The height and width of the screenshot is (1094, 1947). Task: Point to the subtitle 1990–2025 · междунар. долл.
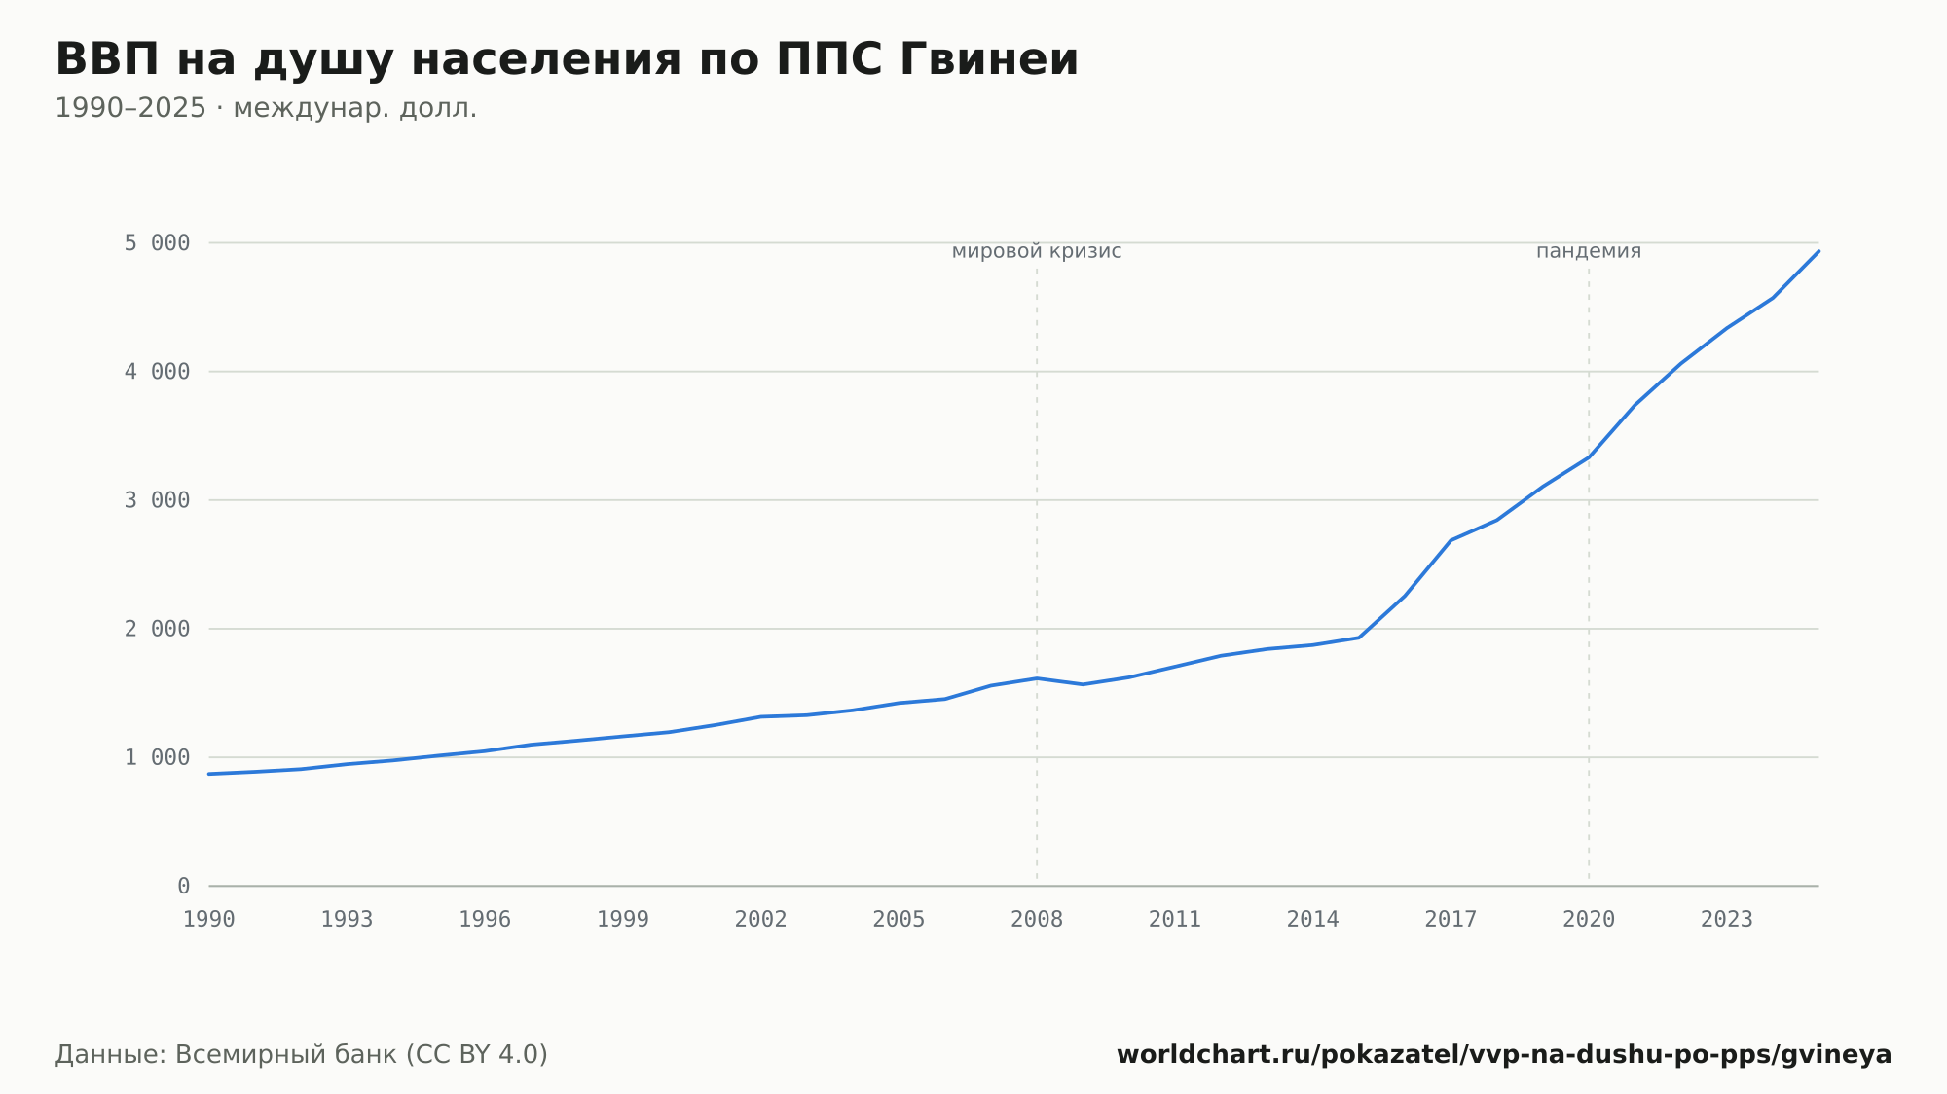click(x=266, y=108)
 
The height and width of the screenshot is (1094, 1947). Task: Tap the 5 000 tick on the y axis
click(x=157, y=243)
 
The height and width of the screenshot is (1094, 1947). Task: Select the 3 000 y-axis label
click(x=157, y=500)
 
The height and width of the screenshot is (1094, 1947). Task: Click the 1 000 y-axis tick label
click(x=157, y=757)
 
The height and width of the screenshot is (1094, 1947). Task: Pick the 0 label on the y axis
click(x=184, y=886)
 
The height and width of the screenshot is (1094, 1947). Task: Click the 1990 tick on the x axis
click(x=209, y=920)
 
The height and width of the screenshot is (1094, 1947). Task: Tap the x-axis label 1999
click(x=623, y=920)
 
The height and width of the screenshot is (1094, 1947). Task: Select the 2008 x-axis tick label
click(x=1037, y=920)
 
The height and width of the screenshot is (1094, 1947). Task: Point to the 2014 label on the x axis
click(x=1313, y=920)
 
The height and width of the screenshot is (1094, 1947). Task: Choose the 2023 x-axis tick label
click(x=1727, y=920)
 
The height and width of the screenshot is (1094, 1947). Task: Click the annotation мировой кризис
click(x=1037, y=251)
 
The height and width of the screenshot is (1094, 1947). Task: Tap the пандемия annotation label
click(x=1589, y=251)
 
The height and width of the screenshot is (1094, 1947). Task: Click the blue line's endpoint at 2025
click(x=1818, y=251)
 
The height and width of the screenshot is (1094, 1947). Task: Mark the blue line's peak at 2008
click(x=1037, y=678)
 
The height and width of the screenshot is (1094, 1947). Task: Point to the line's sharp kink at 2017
click(x=1451, y=540)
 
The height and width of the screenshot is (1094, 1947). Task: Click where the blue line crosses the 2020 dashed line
click(x=1589, y=457)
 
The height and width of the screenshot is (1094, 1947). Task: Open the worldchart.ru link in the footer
click(x=1504, y=1055)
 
